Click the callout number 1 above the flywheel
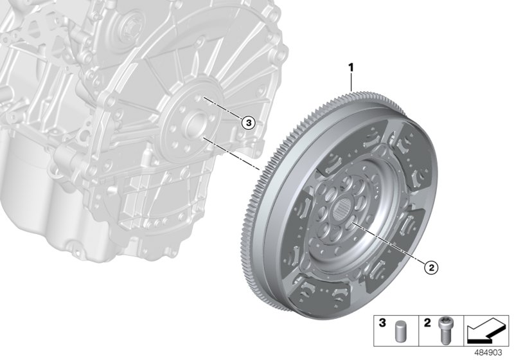click(351, 67)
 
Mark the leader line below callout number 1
click(351, 82)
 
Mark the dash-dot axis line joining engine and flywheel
click(231, 154)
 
